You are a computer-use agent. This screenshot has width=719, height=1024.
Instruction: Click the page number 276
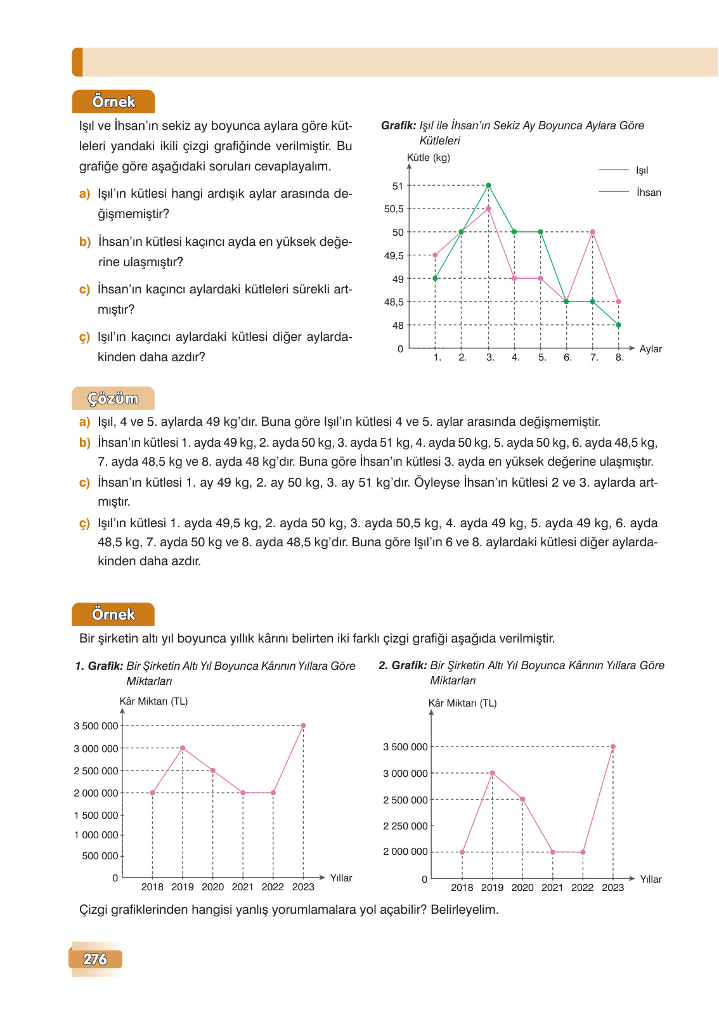(95, 959)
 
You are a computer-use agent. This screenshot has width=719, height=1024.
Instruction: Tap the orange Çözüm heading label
(113, 399)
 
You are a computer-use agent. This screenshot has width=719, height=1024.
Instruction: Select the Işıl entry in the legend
(642, 170)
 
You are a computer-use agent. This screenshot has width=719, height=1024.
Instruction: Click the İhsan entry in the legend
(648, 193)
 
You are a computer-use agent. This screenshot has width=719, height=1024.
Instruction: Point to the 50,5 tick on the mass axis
(394, 209)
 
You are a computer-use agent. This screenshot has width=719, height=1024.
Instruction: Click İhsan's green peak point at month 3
(488, 186)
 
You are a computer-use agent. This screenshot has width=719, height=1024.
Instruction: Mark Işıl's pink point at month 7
(592, 232)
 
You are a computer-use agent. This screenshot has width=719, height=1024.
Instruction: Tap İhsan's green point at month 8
(619, 325)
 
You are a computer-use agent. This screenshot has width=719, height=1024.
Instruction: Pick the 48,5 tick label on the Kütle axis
(394, 302)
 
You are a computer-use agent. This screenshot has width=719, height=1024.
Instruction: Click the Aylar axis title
(650, 349)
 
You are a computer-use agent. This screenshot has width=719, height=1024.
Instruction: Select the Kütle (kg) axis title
(428, 158)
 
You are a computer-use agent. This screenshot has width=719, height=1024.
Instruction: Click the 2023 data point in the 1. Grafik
(303, 726)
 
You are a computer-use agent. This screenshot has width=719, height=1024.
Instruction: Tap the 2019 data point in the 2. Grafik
(492, 773)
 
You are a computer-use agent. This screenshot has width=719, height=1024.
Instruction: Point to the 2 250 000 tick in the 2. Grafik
(405, 826)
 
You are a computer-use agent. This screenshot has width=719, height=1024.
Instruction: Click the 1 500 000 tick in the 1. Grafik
(96, 816)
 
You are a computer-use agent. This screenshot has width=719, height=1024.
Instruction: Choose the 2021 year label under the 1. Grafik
(243, 887)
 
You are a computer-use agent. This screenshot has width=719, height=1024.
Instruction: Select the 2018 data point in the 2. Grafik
(462, 852)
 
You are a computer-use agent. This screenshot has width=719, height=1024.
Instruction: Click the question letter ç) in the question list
(84, 337)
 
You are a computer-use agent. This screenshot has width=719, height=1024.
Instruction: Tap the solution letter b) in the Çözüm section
(84, 443)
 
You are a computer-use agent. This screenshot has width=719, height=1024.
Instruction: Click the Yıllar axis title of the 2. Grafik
(651, 880)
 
